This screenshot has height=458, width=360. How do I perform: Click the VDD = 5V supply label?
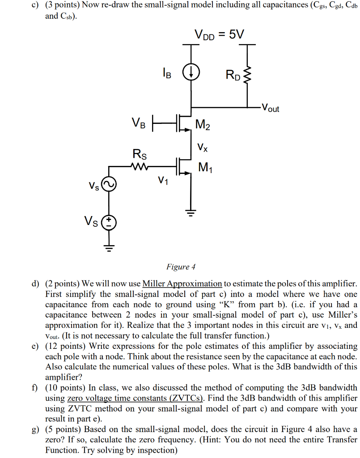(220, 34)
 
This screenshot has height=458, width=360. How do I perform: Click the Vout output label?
(271, 108)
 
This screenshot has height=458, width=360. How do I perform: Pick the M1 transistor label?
(205, 168)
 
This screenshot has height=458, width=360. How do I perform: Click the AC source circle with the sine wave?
(109, 184)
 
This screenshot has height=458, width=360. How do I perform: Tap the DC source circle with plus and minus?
(109, 222)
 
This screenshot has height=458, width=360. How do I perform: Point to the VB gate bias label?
(138, 122)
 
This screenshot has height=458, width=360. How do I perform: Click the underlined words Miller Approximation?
(182, 284)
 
